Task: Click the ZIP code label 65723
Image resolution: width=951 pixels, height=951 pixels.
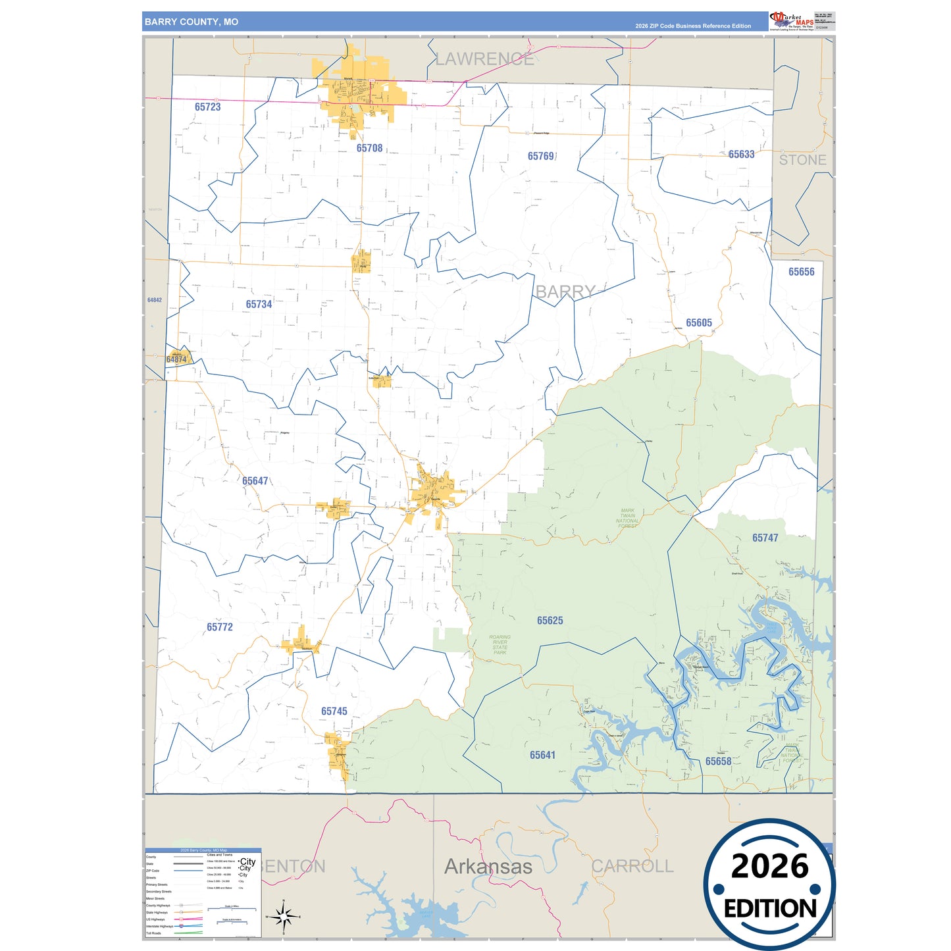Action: (x=207, y=107)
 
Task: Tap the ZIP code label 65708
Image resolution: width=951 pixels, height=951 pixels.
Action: (x=369, y=148)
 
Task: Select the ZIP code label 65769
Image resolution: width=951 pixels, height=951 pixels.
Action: (x=541, y=156)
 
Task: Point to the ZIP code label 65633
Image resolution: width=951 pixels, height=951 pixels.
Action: (x=741, y=154)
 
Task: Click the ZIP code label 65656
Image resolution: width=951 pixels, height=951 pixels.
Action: (x=801, y=272)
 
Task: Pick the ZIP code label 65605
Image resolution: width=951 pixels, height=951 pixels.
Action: (x=698, y=322)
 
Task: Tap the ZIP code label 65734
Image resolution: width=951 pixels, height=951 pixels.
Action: (x=259, y=304)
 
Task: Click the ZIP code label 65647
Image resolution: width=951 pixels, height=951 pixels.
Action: (x=255, y=481)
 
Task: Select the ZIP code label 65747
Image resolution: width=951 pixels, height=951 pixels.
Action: (x=765, y=538)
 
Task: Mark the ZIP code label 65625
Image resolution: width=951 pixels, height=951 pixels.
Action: (x=550, y=621)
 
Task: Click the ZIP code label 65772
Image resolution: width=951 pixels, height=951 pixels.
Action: (x=219, y=627)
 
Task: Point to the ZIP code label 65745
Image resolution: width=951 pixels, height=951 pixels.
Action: (x=334, y=711)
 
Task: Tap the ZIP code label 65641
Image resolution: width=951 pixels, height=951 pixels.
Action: (x=542, y=755)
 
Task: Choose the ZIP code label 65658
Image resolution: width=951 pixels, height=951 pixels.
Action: (x=718, y=761)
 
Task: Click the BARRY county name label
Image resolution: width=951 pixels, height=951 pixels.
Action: (x=565, y=292)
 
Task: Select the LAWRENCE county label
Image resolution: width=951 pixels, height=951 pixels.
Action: (x=484, y=59)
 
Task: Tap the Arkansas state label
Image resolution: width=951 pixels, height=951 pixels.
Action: (x=488, y=866)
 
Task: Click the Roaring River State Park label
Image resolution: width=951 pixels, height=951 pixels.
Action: (x=500, y=644)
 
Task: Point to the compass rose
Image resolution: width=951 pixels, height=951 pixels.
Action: (x=283, y=916)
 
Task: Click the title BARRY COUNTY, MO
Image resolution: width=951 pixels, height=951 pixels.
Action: (x=192, y=22)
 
